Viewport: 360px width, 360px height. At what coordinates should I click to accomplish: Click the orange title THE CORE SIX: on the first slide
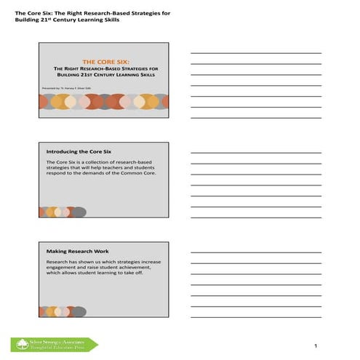[103, 63]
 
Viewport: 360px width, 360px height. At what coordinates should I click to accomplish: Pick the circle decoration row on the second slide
[63, 212]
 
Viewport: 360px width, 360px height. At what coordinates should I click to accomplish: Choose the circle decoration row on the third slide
[63, 311]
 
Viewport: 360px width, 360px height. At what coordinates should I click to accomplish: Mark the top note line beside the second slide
[255, 153]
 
